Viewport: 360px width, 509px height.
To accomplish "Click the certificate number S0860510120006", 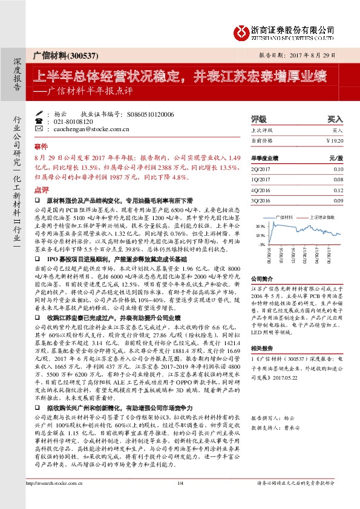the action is click(x=151, y=114).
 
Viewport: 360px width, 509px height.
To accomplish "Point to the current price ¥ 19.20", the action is click(x=334, y=140).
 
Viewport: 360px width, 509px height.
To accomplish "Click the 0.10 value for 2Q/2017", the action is click(x=338, y=170).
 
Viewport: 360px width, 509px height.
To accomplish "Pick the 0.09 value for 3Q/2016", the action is click(x=338, y=199).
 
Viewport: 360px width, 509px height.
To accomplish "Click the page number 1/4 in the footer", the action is click(x=180, y=499).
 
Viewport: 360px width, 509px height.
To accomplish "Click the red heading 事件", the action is click(x=40, y=147).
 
